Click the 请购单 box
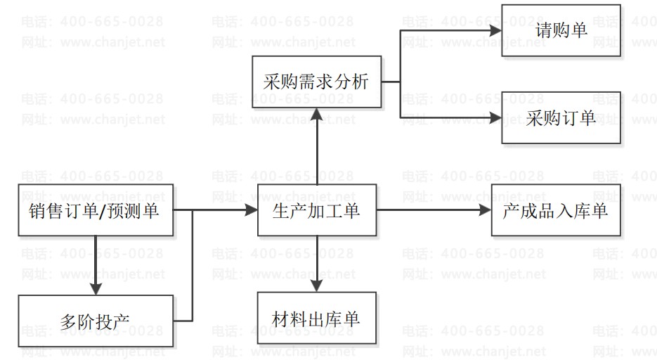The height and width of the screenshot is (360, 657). (x=561, y=30)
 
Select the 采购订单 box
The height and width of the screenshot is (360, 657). (x=561, y=117)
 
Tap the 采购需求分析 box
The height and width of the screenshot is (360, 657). (x=316, y=82)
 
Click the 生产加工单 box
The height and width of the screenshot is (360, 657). (x=316, y=210)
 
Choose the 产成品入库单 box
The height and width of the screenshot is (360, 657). (x=555, y=210)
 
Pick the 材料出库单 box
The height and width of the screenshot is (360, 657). (x=316, y=319)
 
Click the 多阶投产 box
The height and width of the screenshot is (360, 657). (x=96, y=321)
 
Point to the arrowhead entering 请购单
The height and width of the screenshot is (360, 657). (x=495, y=30)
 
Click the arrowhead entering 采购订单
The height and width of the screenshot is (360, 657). (x=495, y=117)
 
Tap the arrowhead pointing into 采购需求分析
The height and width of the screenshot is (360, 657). (x=316, y=114)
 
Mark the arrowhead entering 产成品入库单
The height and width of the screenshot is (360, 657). (x=485, y=210)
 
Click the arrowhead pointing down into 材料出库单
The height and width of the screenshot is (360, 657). (x=316, y=285)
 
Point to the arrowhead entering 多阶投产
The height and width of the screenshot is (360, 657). (x=96, y=289)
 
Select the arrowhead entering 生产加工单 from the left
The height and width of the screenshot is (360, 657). (x=251, y=210)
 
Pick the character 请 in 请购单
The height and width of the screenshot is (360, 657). (x=544, y=31)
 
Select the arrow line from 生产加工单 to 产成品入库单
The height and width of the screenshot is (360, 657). (x=429, y=210)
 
